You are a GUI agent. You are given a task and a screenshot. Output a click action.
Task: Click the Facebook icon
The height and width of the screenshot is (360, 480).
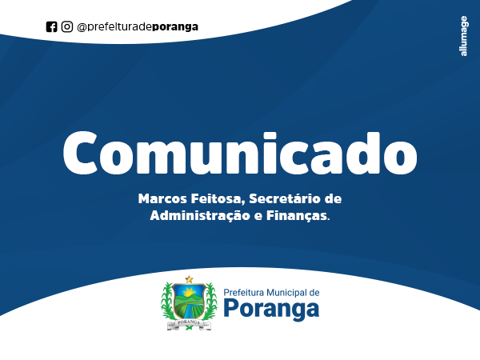pyautogui.click(x=51, y=26)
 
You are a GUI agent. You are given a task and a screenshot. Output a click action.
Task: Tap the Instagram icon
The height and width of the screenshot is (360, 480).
pyautogui.click(x=67, y=26)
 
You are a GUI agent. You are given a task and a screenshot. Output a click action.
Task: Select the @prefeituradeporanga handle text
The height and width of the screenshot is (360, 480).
pyautogui.click(x=138, y=27)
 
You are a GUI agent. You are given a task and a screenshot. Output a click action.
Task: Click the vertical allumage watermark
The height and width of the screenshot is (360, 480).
pyautogui.click(x=464, y=36)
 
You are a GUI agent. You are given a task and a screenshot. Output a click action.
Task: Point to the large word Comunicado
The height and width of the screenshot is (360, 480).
pyautogui.click(x=240, y=153)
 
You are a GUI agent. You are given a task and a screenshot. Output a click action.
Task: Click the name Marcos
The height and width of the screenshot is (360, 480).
pyautogui.click(x=162, y=198)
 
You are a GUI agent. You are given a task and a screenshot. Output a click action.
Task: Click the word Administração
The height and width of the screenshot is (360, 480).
pyautogui.click(x=200, y=215)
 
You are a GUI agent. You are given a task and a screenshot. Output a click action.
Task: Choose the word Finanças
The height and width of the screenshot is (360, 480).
pyautogui.click(x=297, y=216)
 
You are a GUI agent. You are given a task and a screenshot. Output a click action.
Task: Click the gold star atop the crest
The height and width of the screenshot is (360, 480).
pyautogui.click(x=189, y=279)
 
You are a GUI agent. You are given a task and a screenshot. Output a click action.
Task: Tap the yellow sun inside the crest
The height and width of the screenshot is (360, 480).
pyautogui.click(x=189, y=292)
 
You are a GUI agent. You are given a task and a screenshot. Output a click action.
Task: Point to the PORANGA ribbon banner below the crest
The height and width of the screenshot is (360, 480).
pyautogui.click(x=189, y=323)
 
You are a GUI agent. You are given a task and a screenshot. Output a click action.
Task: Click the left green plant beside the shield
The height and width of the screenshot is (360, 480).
pyautogui.click(x=167, y=301)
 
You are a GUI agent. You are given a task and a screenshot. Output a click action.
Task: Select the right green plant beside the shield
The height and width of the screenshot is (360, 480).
pyautogui.click(x=211, y=301)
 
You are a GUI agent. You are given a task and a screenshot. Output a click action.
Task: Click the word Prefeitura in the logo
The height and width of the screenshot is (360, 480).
pyautogui.click(x=244, y=293)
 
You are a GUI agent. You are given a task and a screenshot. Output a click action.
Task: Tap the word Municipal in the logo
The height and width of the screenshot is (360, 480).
pyautogui.click(x=287, y=293)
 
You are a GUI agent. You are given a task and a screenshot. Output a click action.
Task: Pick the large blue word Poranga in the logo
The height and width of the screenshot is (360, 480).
pyautogui.click(x=271, y=309)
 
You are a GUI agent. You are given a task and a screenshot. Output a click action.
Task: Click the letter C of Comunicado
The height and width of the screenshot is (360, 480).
pyautogui.click(x=80, y=153)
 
